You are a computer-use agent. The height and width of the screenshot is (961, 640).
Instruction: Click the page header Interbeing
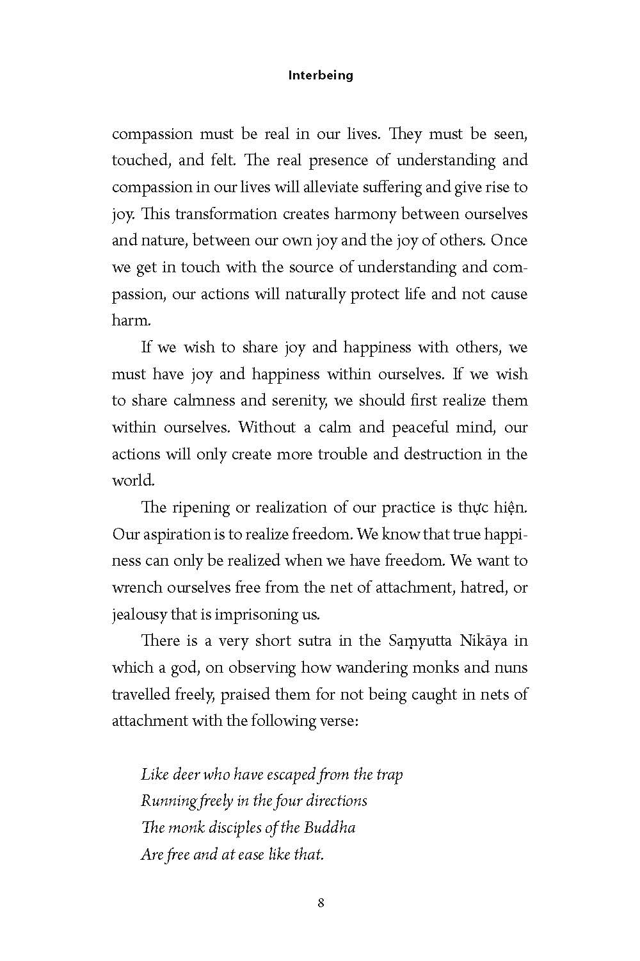point(321,75)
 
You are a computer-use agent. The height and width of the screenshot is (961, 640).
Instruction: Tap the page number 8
point(321,903)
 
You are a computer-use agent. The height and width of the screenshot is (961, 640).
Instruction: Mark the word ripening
point(202,507)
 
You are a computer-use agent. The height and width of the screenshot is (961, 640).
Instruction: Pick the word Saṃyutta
point(419,641)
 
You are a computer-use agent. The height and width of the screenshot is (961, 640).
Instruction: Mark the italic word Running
point(163,801)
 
